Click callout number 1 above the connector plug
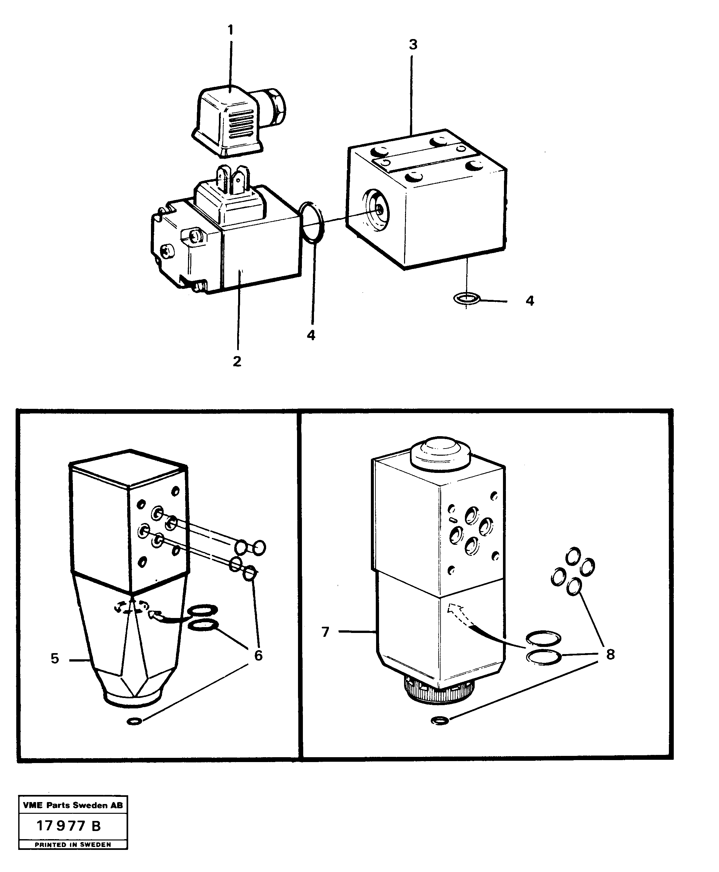pyautogui.click(x=231, y=30)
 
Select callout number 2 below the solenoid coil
pyautogui.click(x=237, y=361)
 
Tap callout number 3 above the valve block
pyautogui.click(x=413, y=45)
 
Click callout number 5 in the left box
pyautogui.click(x=55, y=658)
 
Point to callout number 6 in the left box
pyautogui.click(x=258, y=655)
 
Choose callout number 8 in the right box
pyautogui.click(x=610, y=655)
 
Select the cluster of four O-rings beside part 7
pyautogui.click(x=573, y=570)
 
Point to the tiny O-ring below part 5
pyautogui.click(x=134, y=722)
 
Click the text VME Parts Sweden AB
pyautogui.click(x=73, y=805)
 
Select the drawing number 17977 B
pyautogui.click(x=69, y=826)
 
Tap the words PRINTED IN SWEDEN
pyautogui.click(x=73, y=845)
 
